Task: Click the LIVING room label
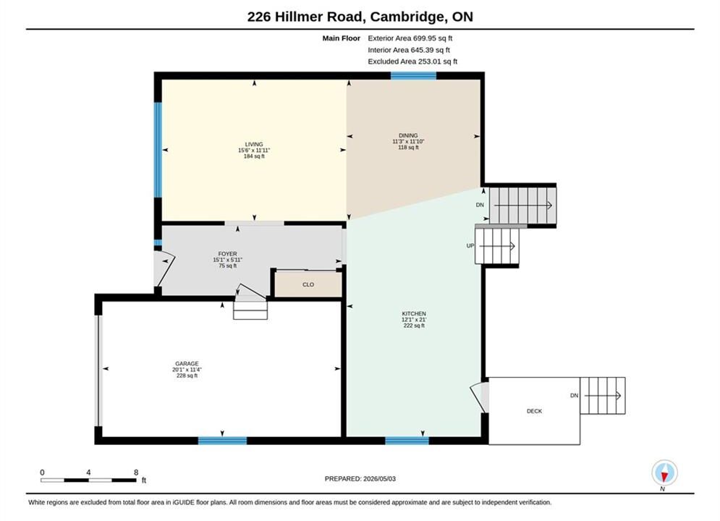point(254,144)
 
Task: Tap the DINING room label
point(408,135)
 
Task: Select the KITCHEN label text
point(414,313)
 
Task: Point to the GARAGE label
point(187,363)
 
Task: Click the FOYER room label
point(228,254)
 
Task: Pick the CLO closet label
point(308,284)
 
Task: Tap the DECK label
point(535,411)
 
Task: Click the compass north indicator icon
point(664,473)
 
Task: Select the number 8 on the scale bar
point(136,472)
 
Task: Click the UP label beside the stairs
point(470,245)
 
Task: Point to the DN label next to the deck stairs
point(574,395)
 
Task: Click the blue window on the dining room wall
point(413,76)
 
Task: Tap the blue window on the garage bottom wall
point(222,441)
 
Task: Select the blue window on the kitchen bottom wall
point(407,441)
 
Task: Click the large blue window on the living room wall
point(158,150)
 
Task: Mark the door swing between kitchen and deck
point(480,396)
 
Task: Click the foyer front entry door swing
point(164,268)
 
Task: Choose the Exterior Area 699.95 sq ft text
point(410,38)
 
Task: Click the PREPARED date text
point(360,478)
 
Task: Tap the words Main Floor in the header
point(341,38)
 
